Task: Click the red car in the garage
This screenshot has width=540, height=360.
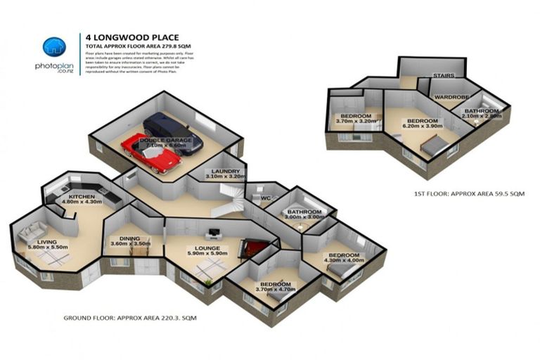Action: pyautogui.click(x=149, y=153)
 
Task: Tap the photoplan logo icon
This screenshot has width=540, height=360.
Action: pyautogui.click(x=53, y=47)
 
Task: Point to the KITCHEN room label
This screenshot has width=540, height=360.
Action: pyautogui.click(x=82, y=196)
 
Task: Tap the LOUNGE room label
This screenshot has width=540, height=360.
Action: pyautogui.click(x=208, y=248)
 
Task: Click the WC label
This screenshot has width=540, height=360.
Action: pyautogui.click(x=265, y=198)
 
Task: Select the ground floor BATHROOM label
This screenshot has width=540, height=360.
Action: pyautogui.click(x=304, y=212)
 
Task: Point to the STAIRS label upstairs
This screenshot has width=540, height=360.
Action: pyautogui.click(x=443, y=75)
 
